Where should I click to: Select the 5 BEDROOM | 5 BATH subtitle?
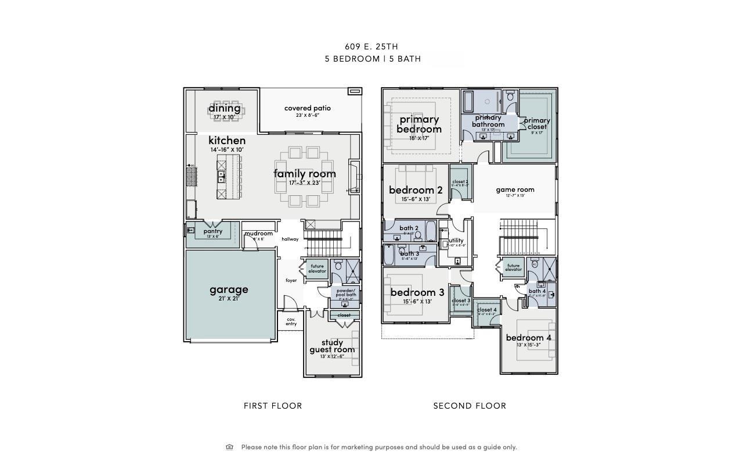tap(373, 59)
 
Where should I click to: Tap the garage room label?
tap(229, 289)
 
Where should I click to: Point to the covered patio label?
tap(307, 108)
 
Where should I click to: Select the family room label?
tap(304, 174)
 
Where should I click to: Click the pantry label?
tap(212, 231)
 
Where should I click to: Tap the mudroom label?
tap(258, 234)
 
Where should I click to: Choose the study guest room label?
tap(331, 346)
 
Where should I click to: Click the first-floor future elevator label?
tap(317, 269)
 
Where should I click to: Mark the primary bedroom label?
tap(419, 124)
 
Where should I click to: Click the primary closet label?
tap(537, 123)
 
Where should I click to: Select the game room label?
tap(515, 189)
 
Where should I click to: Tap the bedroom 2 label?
tap(416, 190)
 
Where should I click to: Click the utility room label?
tap(456, 241)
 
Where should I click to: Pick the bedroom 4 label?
tap(528, 338)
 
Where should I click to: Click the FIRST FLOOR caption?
tap(273, 406)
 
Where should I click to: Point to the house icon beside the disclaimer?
tap(229, 447)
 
